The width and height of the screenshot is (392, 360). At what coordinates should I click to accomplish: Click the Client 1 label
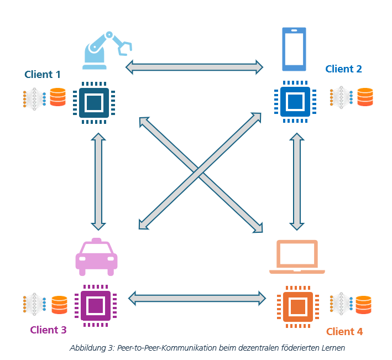click(43, 74)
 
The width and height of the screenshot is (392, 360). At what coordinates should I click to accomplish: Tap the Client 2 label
click(343, 69)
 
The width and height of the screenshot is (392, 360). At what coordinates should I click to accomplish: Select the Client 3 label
click(48, 330)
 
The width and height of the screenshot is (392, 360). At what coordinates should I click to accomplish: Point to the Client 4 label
click(344, 332)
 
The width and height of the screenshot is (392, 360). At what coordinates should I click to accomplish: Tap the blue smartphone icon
click(294, 49)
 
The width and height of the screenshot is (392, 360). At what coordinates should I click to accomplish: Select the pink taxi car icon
click(96, 257)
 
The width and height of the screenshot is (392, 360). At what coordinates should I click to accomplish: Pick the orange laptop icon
click(297, 257)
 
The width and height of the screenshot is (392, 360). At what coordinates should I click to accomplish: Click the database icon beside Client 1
click(58, 97)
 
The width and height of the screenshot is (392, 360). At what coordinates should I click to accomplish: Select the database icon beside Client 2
click(365, 97)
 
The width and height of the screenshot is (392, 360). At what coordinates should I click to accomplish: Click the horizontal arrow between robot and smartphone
click(195, 67)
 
